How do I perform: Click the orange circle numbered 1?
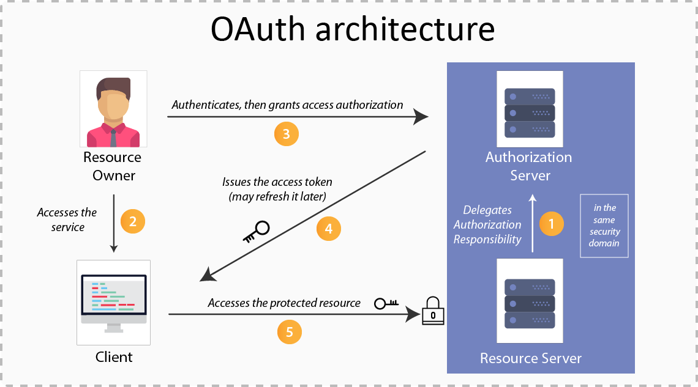point(551,224)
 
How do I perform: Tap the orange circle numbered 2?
point(133,221)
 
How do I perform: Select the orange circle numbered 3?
point(286,133)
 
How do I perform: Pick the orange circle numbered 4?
point(329,229)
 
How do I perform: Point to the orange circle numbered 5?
point(290,332)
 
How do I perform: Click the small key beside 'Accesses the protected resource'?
point(386,302)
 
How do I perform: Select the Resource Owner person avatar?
point(113,109)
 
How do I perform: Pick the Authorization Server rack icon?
point(530,112)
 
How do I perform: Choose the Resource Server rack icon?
point(530,302)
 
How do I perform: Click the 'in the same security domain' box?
point(604,226)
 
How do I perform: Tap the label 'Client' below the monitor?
point(114,356)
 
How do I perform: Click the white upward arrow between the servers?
point(532,223)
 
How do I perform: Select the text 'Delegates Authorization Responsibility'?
point(487,224)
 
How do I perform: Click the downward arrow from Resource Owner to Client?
point(113,224)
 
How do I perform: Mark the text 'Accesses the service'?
point(67,219)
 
